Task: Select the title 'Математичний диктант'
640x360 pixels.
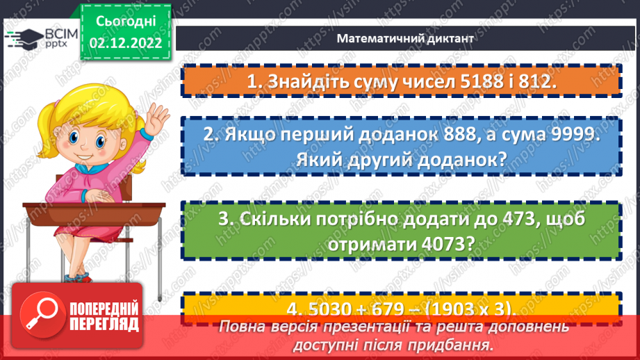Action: pos(405,39)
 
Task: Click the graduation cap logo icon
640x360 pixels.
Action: pos(22,38)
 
